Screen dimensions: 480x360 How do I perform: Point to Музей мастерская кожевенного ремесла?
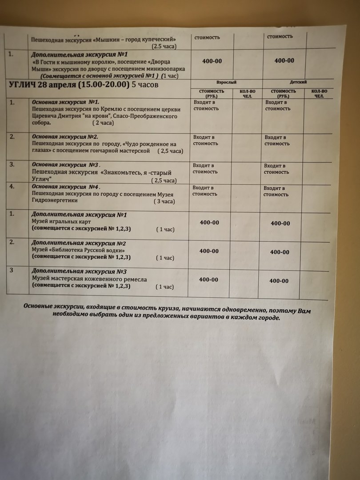89,279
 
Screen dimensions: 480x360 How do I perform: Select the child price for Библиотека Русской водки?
280,252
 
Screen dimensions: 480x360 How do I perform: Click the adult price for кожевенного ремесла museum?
208,280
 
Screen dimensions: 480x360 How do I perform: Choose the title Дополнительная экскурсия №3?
79,271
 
